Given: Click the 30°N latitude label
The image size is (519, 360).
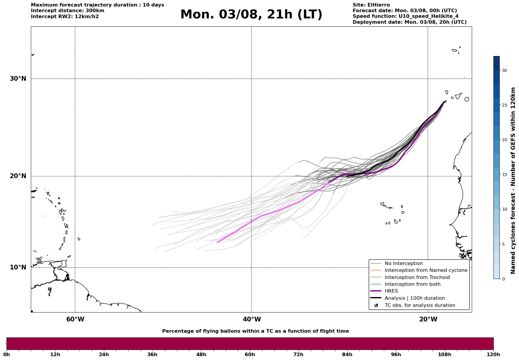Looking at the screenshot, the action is coord(18,79).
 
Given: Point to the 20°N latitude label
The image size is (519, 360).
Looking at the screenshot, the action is coord(18,176).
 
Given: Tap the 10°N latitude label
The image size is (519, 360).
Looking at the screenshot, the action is coord(18,267).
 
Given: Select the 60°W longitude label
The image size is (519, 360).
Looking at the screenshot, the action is coord(75,319).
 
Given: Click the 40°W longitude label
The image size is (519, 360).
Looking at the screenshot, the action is coord(252,319).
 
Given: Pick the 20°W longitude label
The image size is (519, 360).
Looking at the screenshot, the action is coord(428,319).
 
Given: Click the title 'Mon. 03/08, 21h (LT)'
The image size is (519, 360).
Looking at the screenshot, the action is coord(251,15).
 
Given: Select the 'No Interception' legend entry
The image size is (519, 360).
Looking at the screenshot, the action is coord(404,264).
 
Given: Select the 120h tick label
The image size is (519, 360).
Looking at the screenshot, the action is coord(493,354).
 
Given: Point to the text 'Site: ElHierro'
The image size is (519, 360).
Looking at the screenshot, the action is coord(371,5).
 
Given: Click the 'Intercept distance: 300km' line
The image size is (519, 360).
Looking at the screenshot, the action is coord(68,11).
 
